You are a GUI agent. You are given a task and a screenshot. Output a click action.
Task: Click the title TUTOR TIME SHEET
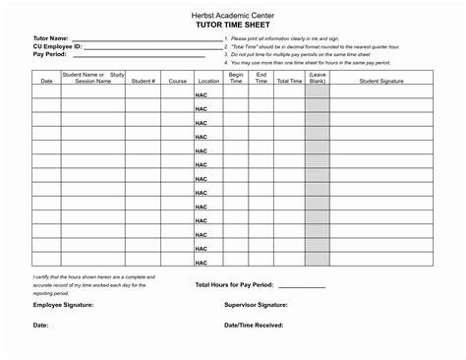[232, 27]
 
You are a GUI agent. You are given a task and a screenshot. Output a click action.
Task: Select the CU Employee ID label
[58, 45]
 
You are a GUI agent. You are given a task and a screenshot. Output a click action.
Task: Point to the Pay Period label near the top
[50, 54]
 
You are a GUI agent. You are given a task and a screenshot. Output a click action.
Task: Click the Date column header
[46, 81]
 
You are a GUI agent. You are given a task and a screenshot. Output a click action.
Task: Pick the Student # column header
[143, 81]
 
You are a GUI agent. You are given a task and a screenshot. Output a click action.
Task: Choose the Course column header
[177, 81]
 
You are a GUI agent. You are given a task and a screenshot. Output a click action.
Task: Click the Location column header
[207, 81]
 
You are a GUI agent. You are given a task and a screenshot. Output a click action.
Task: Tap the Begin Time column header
[236, 78]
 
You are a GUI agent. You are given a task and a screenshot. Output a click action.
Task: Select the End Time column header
[262, 78]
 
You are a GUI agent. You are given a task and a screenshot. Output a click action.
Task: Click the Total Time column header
[289, 81]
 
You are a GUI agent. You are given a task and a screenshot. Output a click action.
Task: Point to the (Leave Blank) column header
[317, 78]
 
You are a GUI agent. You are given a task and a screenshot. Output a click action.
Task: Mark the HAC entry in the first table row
[201, 95]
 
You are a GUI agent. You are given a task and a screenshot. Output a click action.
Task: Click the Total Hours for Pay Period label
[232, 284]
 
